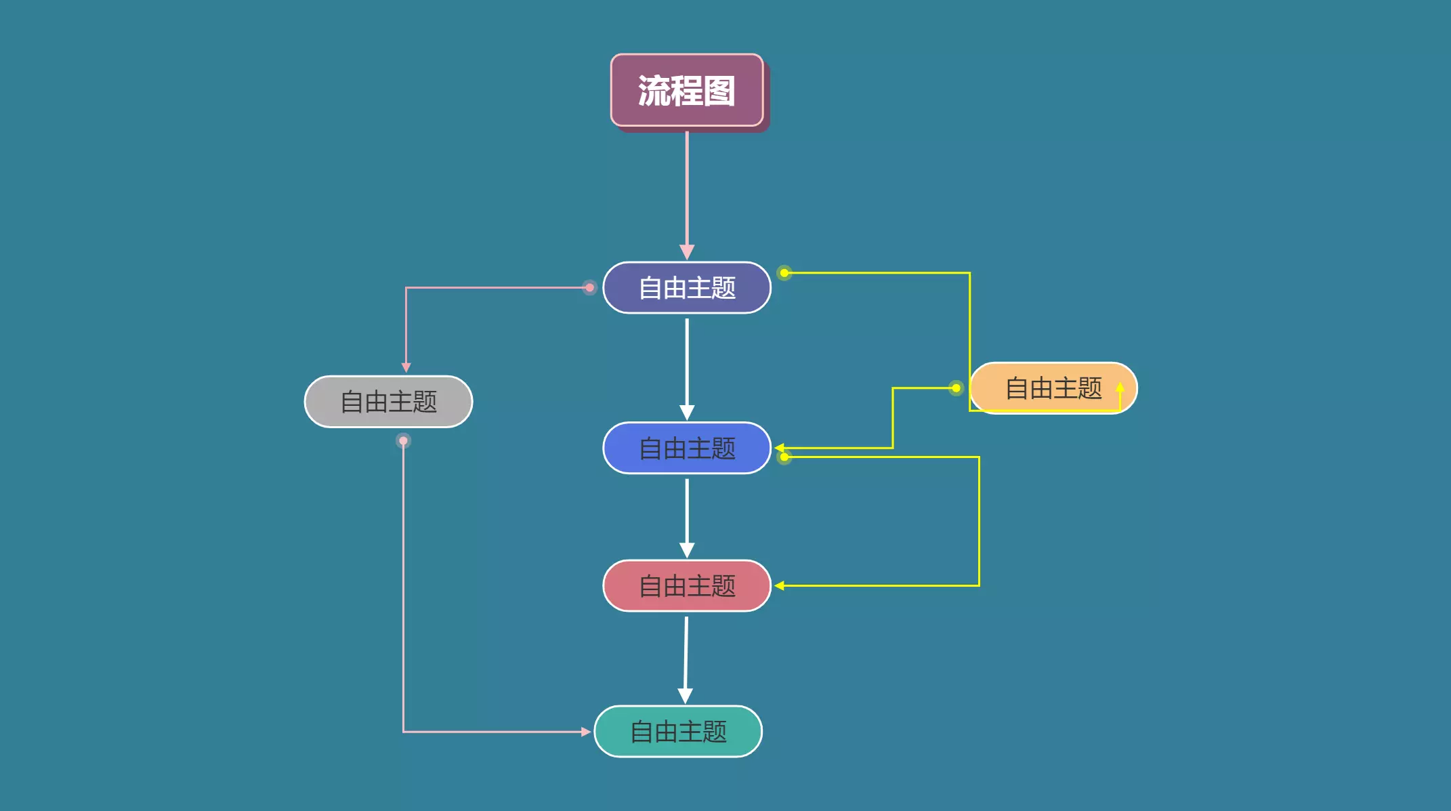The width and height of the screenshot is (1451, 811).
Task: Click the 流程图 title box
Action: pos(687,90)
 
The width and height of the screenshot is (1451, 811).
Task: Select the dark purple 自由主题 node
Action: pos(687,288)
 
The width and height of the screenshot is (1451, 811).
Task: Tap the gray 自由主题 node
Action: pos(388,402)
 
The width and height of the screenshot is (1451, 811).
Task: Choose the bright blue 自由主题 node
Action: pos(687,448)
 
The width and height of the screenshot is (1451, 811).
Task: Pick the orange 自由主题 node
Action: pos(1053,388)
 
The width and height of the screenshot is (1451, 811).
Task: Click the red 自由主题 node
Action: pos(687,586)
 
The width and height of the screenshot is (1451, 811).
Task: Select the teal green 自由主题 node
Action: pos(678,732)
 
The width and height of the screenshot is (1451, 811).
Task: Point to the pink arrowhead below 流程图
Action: pos(687,252)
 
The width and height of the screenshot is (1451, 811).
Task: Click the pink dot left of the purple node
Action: pos(589,288)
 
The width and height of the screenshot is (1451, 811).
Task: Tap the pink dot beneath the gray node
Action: pos(403,441)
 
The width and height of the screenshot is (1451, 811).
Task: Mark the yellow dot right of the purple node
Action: pos(784,273)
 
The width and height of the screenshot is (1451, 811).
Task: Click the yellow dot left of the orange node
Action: pos(956,388)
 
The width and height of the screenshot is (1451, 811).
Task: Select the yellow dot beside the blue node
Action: pos(784,457)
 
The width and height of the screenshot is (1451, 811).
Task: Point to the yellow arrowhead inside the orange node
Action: pos(1120,388)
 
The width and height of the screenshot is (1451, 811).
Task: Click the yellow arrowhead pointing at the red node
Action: pos(780,585)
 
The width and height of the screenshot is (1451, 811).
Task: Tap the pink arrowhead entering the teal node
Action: pos(586,732)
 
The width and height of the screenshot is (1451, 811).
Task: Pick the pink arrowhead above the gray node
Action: pos(406,367)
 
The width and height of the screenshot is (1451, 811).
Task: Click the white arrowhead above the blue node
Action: pos(687,413)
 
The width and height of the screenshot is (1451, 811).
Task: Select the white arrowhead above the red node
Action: pos(687,550)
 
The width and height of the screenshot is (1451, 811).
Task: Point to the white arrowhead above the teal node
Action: pos(685,696)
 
